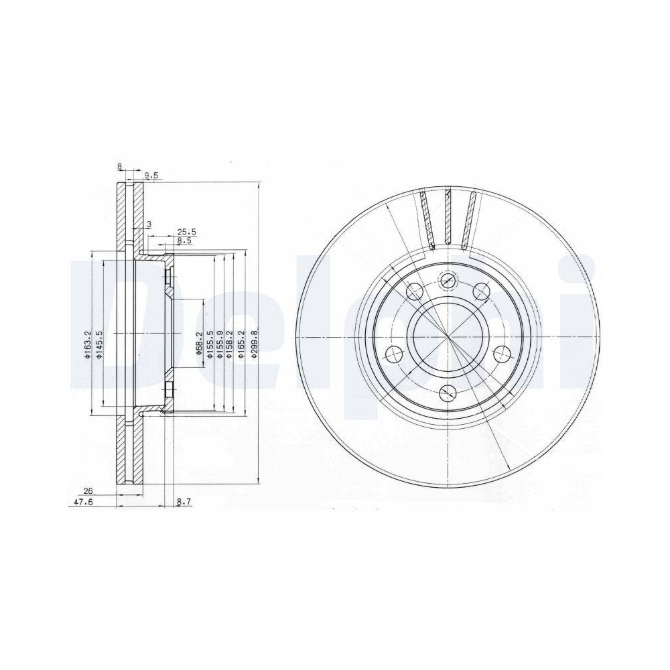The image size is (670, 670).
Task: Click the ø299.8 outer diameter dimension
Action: pyautogui.click(x=254, y=344)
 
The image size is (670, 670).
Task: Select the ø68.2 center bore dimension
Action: pyautogui.click(x=198, y=344)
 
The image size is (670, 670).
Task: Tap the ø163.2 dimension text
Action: pyautogui.click(x=86, y=344)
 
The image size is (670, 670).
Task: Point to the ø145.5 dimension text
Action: pyautogui.click(x=98, y=344)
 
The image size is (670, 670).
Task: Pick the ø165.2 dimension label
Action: pyautogui.click(x=239, y=344)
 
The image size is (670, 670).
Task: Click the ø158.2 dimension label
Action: pyautogui.click(x=229, y=344)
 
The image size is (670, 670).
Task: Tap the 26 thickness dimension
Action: pyautogui.click(x=88, y=491)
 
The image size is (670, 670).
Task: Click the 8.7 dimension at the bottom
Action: pyautogui.click(x=184, y=500)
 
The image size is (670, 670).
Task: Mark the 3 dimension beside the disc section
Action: pyautogui.click(x=148, y=224)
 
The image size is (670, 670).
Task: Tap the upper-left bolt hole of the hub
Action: pyautogui.click(x=415, y=291)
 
